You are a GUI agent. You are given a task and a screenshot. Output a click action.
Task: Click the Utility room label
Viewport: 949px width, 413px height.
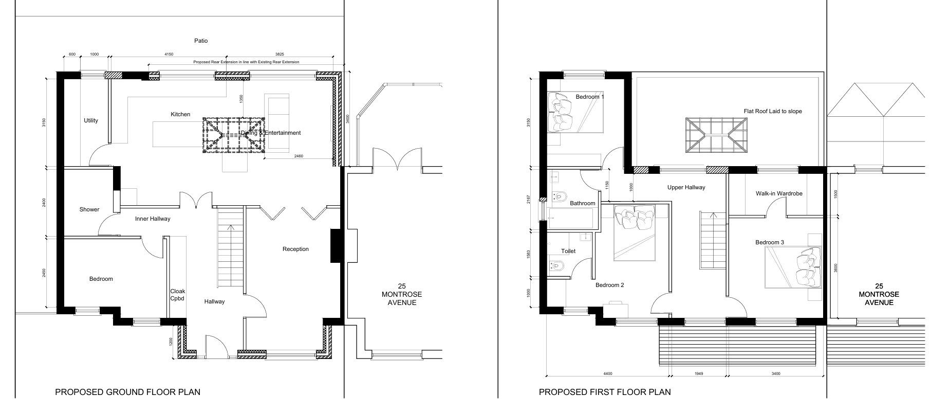pos(91,121)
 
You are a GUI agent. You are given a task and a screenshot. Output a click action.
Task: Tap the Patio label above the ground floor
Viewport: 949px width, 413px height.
pos(201,41)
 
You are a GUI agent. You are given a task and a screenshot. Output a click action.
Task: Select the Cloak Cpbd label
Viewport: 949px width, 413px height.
pos(177,295)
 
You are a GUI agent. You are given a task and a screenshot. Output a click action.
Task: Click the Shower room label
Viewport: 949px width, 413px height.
pos(89,209)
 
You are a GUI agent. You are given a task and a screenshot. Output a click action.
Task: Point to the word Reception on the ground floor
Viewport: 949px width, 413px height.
pos(295,249)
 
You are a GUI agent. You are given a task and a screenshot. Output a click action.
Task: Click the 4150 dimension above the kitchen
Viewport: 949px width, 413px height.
pos(169,54)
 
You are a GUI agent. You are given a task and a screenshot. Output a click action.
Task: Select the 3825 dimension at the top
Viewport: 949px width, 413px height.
pos(280,54)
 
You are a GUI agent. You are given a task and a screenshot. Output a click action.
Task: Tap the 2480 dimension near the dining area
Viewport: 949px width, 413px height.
pos(299,156)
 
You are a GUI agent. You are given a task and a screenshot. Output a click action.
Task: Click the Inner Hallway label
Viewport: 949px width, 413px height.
pos(153,219)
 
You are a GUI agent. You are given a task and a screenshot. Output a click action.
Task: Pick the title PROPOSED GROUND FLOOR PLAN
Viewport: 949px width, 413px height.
pos(127,392)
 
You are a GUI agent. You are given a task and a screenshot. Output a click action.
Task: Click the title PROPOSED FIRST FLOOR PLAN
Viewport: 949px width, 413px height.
pos(605,392)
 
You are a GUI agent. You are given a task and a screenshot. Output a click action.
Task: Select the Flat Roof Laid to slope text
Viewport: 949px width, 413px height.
pos(772,111)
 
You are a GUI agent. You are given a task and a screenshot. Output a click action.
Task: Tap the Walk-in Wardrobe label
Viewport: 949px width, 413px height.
pos(779,193)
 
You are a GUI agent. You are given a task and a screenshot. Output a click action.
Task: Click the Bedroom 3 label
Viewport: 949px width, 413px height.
pos(769,242)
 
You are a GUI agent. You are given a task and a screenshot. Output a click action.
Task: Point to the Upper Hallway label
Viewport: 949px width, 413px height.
pos(686,187)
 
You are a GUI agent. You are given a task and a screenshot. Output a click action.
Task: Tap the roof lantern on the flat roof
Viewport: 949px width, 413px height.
pos(716,135)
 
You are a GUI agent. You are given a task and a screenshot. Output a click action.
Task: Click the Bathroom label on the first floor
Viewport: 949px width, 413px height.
pos(582,203)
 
